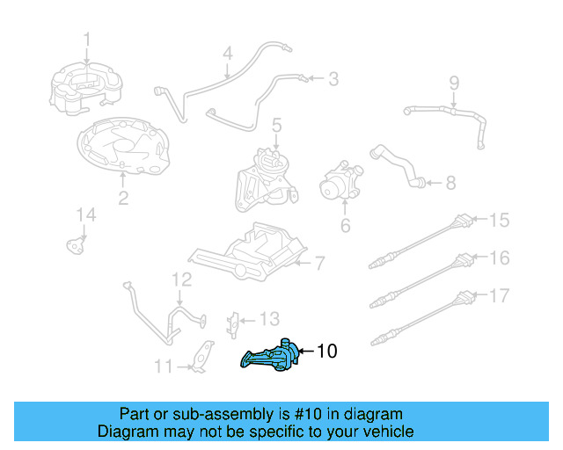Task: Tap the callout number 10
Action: (x=325, y=352)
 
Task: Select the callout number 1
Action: (x=87, y=39)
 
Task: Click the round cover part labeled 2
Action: (x=122, y=147)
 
